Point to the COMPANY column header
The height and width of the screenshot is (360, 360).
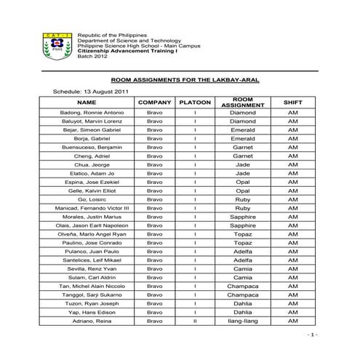[x=154, y=103]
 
